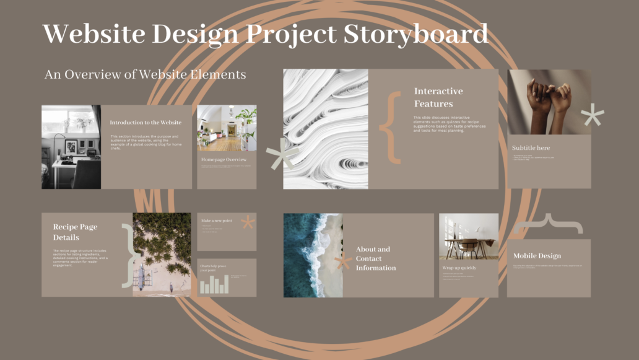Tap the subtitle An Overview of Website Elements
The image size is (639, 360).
tap(146, 74)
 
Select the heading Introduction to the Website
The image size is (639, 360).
tap(146, 123)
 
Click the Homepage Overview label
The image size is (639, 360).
tap(224, 160)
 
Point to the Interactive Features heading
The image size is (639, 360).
tap(438, 97)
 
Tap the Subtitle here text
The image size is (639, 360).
tap(531, 148)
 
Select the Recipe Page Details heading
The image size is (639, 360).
tap(75, 232)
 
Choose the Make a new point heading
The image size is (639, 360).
tap(216, 221)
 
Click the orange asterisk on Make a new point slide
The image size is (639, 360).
tap(248, 222)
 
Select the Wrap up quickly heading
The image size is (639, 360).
tap(459, 268)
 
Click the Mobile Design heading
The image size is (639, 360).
tap(537, 256)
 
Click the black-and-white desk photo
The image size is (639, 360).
tap(71, 147)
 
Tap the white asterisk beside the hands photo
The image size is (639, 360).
tap(593, 116)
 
